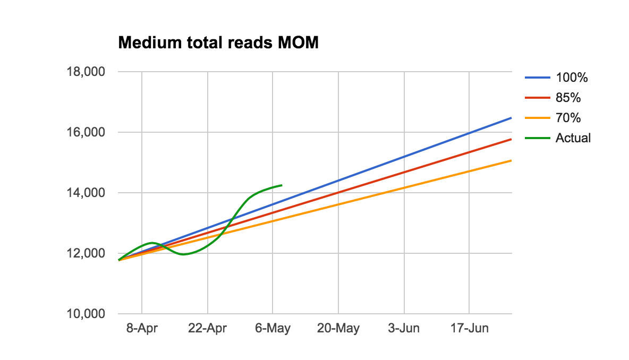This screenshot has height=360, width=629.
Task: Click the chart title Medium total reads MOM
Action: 218,43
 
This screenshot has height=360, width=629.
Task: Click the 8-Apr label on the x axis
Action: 142,329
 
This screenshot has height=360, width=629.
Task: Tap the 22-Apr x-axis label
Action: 207,329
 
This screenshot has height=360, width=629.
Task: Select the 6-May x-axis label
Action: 273,329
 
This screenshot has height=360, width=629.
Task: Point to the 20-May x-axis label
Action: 338,329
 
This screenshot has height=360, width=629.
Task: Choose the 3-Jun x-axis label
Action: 404,329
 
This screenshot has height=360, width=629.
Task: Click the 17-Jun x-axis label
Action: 469,329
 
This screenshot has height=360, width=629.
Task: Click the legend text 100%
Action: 572,78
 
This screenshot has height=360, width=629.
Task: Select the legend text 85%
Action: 568,98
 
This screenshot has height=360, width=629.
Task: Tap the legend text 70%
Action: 568,118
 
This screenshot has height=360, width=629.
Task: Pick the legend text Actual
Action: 573,138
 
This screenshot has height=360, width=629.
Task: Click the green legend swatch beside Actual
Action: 538,138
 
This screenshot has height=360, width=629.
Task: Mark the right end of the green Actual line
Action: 281,185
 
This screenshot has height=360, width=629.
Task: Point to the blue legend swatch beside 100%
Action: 538,78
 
